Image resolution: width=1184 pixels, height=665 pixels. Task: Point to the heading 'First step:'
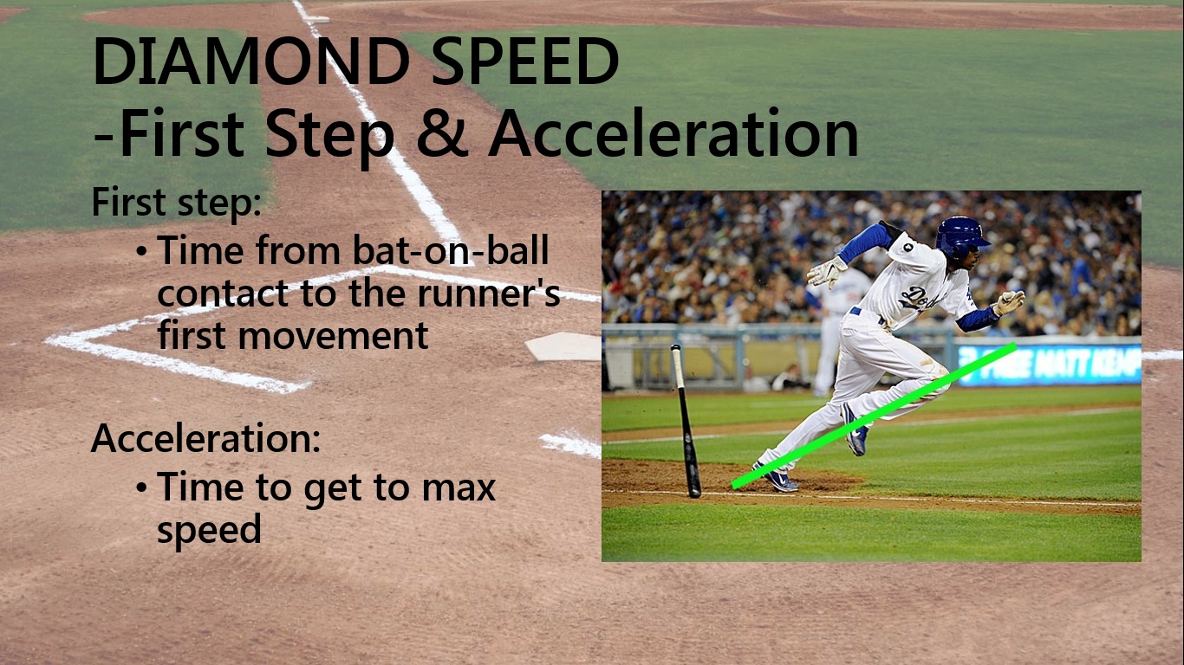point(177,203)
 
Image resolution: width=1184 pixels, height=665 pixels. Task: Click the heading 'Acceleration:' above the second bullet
point(206,438)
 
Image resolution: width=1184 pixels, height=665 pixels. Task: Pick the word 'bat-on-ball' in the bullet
point(451,251)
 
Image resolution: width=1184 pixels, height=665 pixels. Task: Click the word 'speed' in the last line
point(209,529)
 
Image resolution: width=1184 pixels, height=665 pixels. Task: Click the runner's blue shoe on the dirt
point(777,478)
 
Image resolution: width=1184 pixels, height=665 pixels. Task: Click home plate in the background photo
point(564,346)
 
